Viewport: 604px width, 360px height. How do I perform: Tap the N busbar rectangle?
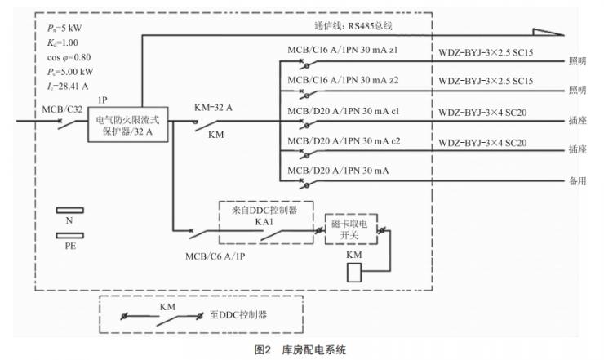click(x=69, y=210)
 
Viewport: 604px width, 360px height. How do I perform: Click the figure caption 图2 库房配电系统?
click(x=300, y=349)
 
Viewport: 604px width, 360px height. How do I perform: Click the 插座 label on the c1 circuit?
click(x=576, y=120)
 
